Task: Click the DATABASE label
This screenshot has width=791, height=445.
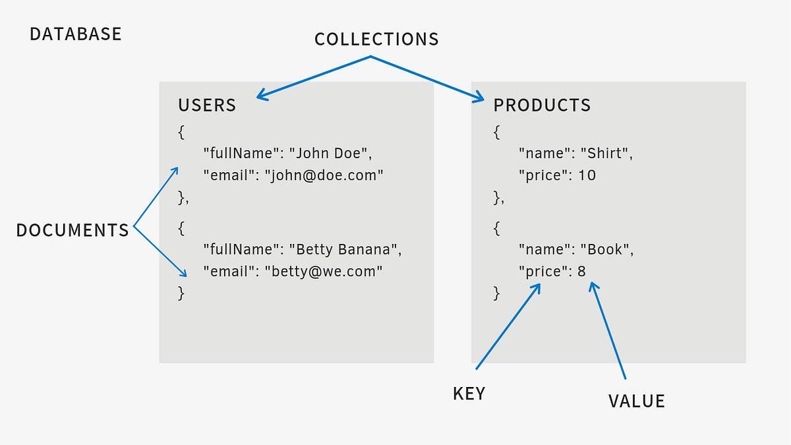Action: point(76,34)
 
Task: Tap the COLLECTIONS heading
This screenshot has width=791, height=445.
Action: point(376,40)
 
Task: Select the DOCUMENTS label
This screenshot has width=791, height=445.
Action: point(73,230)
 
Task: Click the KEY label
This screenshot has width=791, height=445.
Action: point(469,394)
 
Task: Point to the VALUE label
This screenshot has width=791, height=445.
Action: point(636,401)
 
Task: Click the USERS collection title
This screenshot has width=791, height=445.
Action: point(207,105)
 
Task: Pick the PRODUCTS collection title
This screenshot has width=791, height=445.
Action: point(542,105)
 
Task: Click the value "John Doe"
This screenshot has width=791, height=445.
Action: point(330,154)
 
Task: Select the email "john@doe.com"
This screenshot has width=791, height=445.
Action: point(324,176)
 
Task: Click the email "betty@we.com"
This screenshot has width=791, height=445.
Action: point(323,272)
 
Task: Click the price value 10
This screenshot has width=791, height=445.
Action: point(587,176)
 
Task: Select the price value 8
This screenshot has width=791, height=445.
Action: point(581,272)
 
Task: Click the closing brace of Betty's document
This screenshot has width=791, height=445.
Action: point(181,293)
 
